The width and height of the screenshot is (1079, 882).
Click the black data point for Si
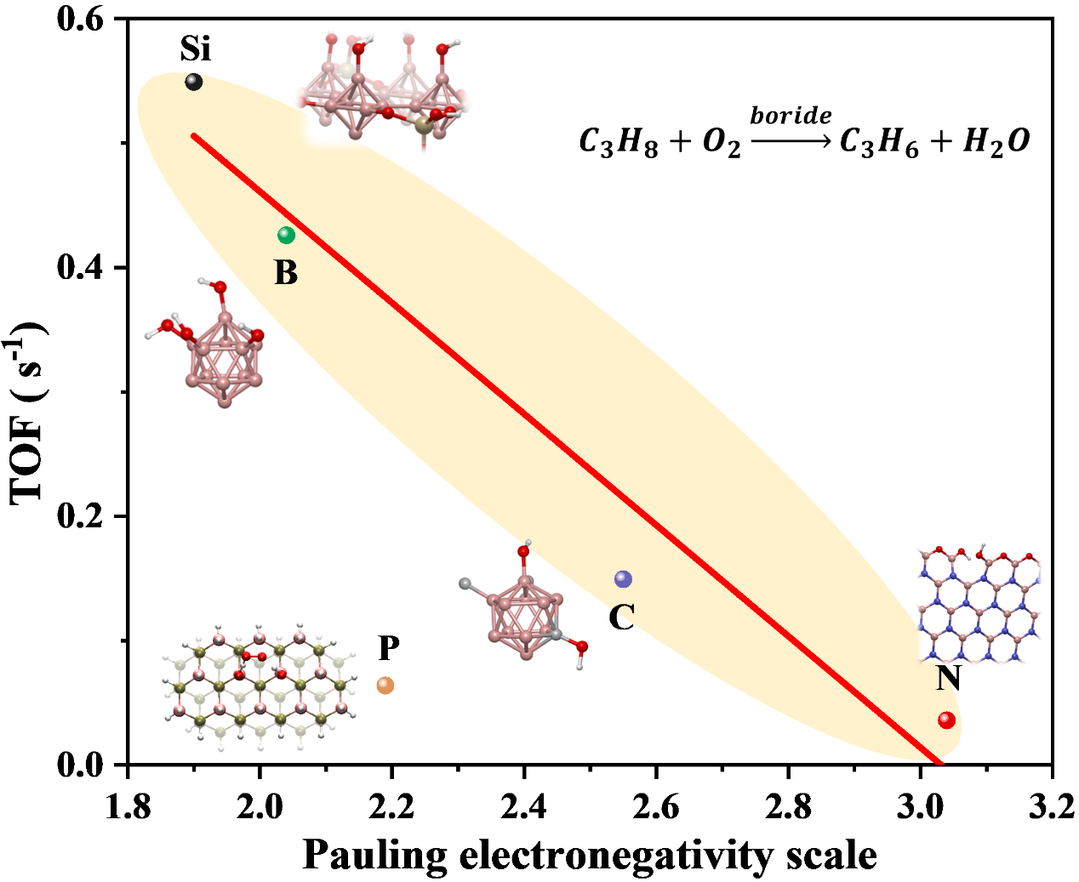[x=194, y=82]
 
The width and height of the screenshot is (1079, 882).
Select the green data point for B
[x=286, y=235]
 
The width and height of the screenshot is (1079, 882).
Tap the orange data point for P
[x=385, y=685]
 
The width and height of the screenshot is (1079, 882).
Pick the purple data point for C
[x=624, y=579]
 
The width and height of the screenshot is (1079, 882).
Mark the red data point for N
[x=946, y=720]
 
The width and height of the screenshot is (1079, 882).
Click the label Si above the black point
[x=195, y=49]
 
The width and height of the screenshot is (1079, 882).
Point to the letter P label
[x=389, y=648]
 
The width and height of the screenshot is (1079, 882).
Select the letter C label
[x=621, y=617]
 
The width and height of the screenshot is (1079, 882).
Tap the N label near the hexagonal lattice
[x=948, y=678]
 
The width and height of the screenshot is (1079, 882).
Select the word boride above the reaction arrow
[x=791, y=116]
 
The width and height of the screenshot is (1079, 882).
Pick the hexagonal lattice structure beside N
[x=979, y=604]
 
